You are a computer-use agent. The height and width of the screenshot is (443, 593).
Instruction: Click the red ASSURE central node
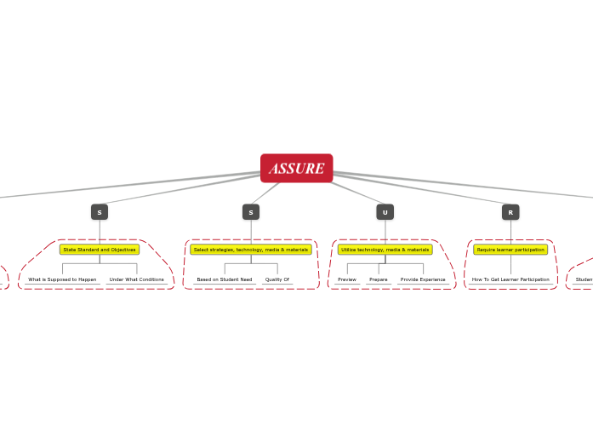296,168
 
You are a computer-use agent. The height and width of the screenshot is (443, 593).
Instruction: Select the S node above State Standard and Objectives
100,212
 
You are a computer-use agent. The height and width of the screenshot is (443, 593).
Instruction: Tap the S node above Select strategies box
251,212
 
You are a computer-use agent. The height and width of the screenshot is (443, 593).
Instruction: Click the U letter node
385,212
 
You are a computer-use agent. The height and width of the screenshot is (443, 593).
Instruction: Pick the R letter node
510,212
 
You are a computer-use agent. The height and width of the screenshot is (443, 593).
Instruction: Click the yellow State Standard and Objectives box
100,250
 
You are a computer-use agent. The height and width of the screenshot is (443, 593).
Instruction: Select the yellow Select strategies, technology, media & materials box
251,250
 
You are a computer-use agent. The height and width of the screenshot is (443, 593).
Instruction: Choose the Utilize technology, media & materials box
385,250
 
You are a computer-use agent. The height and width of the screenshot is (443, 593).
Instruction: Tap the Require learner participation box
510,250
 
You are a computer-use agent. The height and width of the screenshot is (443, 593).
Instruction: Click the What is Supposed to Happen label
62,279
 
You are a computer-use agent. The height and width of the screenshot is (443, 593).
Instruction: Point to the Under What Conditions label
136,279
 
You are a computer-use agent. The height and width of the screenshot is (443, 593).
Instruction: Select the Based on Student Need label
224,279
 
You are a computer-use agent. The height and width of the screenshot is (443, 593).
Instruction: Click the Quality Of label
277,279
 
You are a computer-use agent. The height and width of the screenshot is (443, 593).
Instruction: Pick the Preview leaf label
347,279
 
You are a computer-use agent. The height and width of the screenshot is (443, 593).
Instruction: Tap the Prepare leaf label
379,279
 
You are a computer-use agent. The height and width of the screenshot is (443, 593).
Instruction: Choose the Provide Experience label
423,279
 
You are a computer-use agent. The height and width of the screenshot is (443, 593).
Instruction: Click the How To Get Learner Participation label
510,279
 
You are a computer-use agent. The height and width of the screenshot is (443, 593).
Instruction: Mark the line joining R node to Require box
510,232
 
